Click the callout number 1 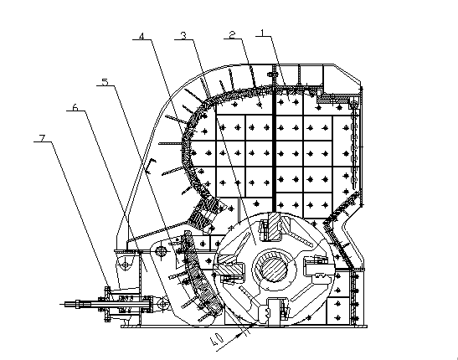pos(262,32)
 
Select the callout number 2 pos(232,34)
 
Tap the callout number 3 pos(183,36)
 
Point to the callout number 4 pos(142,36)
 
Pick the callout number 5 pos(105,81)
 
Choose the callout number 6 pos(75,107)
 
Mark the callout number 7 pos(43,138)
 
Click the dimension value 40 pos(217,340)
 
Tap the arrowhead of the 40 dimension pos(240,335)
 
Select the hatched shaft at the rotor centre pos(274,267)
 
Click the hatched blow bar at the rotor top pos(275,225)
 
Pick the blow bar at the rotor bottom pos(274,312)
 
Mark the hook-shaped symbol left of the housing pos(150,167)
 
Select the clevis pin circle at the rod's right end pos(162,305)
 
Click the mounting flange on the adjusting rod pos(107,304)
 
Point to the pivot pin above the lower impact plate pos(162,250)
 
